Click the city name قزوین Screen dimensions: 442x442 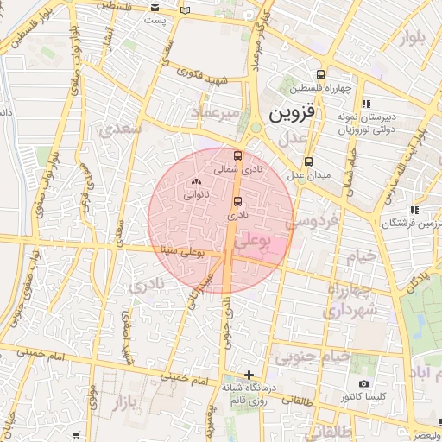pos(295,112)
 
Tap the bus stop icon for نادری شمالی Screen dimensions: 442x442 pos(238,157)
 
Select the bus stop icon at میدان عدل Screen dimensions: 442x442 pos(308,161)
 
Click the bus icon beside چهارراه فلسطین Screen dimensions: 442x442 pos(322,74)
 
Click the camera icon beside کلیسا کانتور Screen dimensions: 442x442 pos(363,383)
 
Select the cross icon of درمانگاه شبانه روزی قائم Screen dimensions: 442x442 pos(249,376)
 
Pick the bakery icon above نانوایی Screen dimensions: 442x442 pos(195,182)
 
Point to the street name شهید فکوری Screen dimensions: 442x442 pos(200,77)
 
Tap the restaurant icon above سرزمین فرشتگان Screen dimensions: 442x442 pos(415,209)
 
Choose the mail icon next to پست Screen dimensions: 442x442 pos(185,11)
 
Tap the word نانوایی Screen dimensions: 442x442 pos(195,196)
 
